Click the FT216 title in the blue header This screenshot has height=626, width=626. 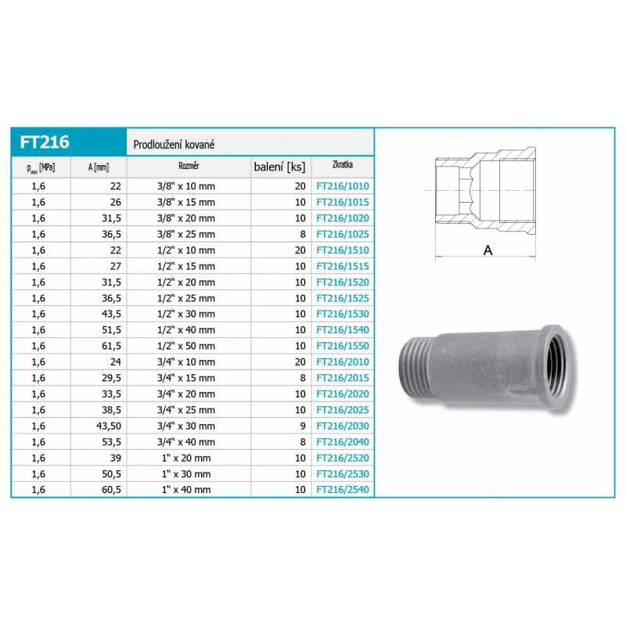click(x=45, y=142)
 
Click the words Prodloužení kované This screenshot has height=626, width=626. click(x=174, y=145)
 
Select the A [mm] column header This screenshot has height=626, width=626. click(x=99, y=167)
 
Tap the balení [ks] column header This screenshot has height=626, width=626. click(x=279, y=167)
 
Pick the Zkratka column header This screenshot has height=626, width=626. click(x=343, y=164)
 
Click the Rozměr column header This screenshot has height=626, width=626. click(x=189, y=166)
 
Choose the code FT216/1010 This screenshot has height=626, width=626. click(x=343, y=186)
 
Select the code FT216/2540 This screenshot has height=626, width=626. click(x=343, y=490)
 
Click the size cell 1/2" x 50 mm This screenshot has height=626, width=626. click(x=186, y=346)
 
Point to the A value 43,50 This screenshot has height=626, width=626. click(x=109, y=426)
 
